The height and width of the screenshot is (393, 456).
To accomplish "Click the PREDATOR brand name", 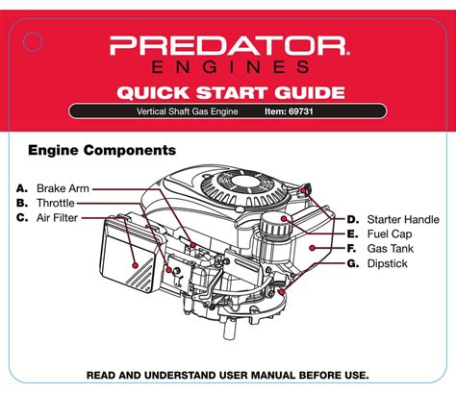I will click(x=228, y=45).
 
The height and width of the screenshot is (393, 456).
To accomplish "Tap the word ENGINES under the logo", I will click(x=228, y=67).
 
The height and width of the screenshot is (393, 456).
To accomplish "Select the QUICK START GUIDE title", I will click(x=228, y=93).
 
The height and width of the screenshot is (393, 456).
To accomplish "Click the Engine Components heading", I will click(x=101, y=151).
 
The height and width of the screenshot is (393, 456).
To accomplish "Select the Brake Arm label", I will click(x=63, y=187).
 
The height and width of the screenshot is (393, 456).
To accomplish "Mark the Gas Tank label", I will click(x=393, y=248).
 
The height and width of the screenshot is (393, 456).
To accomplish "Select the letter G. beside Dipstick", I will click(x=353, y=263).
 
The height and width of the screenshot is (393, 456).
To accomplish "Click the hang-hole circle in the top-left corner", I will click(x=33, y=41).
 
